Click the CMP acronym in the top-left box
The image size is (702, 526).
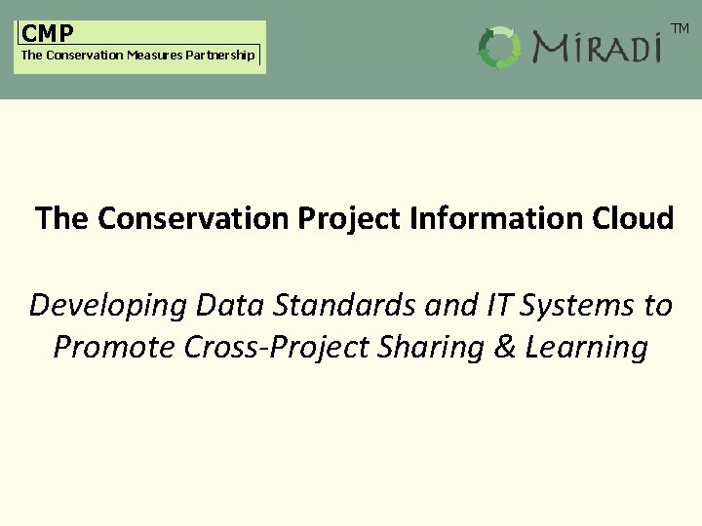pos(48,33)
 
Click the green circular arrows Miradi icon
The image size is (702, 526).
pos(500,48)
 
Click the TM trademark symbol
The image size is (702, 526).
pos(680,29)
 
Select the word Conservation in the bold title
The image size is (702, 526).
pos(191,218)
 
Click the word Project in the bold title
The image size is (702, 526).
pos(345,218)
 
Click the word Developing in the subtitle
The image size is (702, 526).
pos(107,306)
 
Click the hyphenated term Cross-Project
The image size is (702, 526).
pos(269,348)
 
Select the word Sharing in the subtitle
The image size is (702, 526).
pos(435,348)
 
